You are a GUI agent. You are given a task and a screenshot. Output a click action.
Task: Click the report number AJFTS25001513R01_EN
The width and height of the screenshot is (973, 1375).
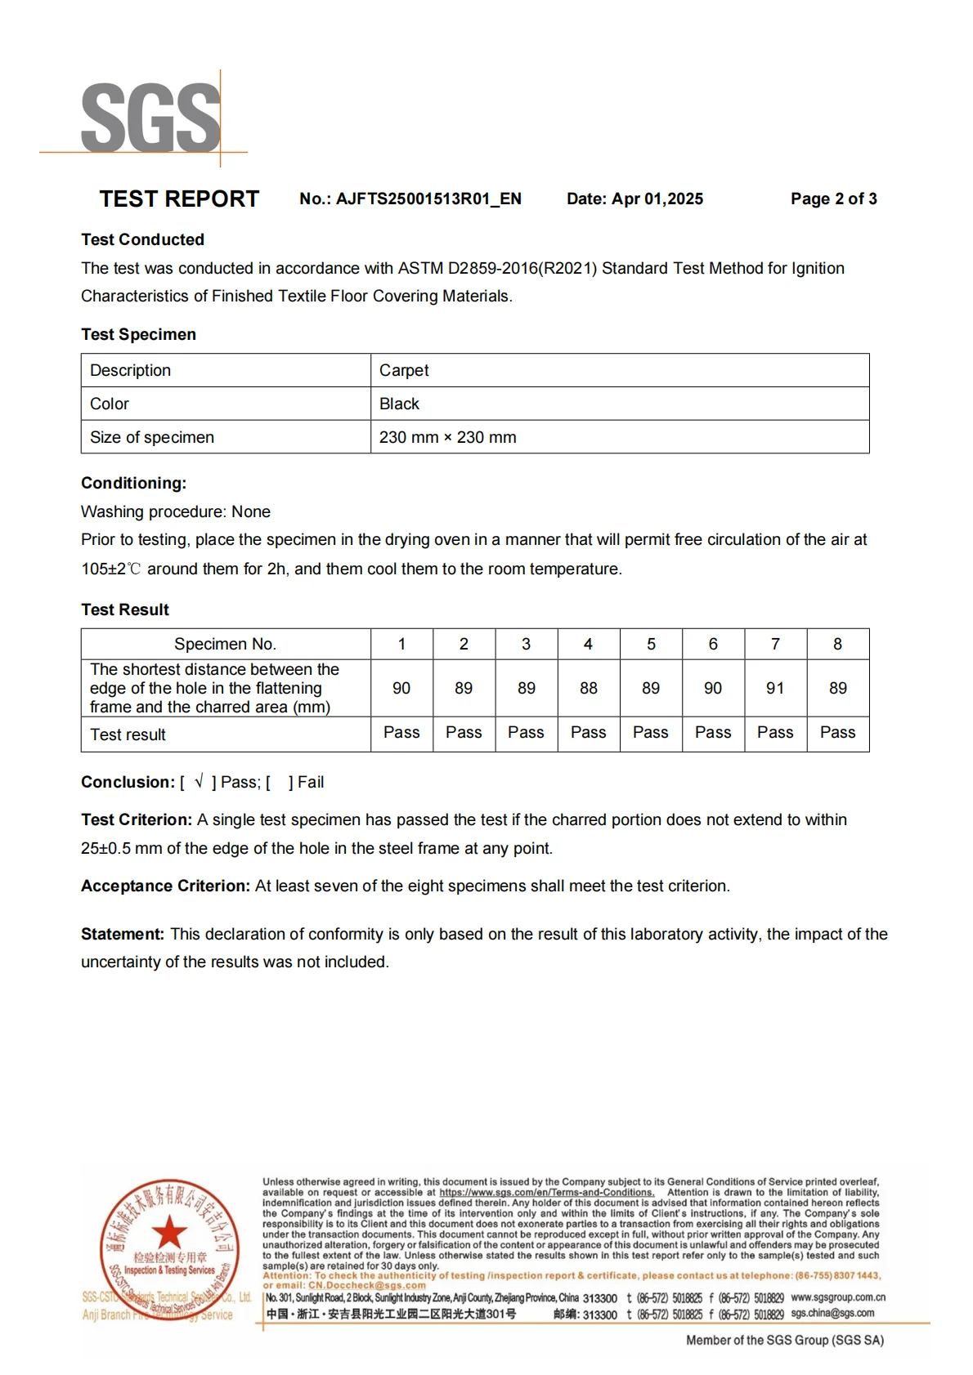pos(428,199)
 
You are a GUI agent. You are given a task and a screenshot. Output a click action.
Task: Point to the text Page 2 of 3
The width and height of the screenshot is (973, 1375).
pos(833,199)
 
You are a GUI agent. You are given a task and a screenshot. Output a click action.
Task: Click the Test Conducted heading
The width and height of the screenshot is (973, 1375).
pos(142,239)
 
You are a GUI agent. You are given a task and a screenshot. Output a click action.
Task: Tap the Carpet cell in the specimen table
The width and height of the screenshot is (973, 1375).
pos(404,370)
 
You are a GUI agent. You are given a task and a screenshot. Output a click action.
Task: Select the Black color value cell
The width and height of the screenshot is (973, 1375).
pos(399,404)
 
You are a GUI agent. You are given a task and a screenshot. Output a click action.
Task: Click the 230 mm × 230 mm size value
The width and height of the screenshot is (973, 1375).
pos(447,437)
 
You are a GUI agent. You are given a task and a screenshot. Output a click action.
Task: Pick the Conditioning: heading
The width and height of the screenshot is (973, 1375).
pos(133,483)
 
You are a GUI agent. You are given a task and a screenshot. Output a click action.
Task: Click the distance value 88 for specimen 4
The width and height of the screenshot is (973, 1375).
pos(588,688)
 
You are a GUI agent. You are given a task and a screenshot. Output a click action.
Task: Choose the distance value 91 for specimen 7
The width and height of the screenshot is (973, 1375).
pos(775,688)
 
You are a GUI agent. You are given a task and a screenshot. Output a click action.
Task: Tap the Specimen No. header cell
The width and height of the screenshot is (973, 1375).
pos(225,644)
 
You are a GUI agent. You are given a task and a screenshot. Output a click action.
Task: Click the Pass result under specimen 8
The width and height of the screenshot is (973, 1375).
pos(837,732)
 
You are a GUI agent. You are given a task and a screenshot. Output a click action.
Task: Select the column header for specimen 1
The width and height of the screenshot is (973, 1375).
pos(401,644)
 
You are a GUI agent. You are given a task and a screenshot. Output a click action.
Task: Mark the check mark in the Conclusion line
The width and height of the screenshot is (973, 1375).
pos(199,782)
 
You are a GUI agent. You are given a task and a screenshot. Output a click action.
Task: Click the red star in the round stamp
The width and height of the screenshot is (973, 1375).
pos(169,1232)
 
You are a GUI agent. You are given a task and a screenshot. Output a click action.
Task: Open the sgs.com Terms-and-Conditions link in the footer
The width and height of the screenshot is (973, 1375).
pos(546,1193)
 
